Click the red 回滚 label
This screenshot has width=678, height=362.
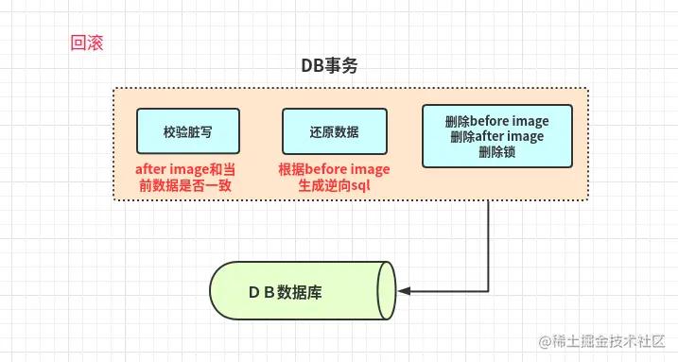click(x=86, y=43)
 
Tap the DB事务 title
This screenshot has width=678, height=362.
click(x=329, y=67)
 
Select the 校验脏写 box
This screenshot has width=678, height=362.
click(x=187, y=131)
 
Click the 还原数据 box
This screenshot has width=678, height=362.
click(x=334, y=131)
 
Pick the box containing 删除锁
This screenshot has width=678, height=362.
click(x=496, y=136)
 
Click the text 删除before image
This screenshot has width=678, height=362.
click(x=496, y=122)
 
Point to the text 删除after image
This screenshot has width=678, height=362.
click(x=496, y=136)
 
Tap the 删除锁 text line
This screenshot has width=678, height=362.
click(x=496, y=150)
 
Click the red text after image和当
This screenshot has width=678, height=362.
click(x=184, y=169)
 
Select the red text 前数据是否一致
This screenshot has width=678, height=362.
click(x=185, y=185)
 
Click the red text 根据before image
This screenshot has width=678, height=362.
click(x=334, y=169)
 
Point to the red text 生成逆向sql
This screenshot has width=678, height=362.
click(x=334, y=185)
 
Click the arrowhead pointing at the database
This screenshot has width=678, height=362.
click(x=405, y=292)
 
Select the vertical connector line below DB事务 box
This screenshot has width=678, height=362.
click(x=488, y=246)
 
